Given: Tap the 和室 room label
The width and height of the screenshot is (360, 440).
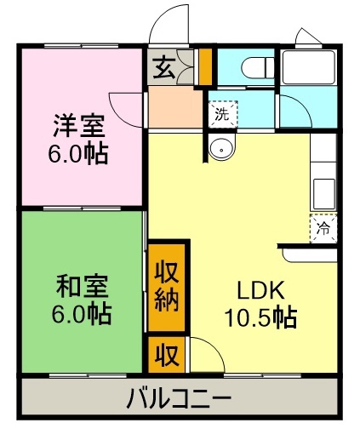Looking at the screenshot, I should pyautogui.click(x=79, y=286).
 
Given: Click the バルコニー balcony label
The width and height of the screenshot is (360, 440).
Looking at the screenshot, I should pyautogui.click(x=180, y=397).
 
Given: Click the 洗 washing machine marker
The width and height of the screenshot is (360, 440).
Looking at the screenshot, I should pyautogui.click(x=221, y=112).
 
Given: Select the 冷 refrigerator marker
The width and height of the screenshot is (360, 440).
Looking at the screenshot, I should pyautogui.click(x=323, y=227).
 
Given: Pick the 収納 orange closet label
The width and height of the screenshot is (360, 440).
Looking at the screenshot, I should pyautogui.click(x=167, y=287).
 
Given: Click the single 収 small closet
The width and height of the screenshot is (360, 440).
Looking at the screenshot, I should pyautogui.click(x=167, y=355).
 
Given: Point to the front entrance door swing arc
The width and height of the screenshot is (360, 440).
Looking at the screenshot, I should pyautogui.click(x=170, y=24).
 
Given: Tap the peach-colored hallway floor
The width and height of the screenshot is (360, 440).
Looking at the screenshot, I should pyautogui.click(x=175, y=107).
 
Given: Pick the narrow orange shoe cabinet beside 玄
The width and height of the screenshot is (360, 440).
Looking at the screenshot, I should pyautogui.click(x=205, y=66).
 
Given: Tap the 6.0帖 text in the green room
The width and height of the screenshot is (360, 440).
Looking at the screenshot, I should pyautogui.click(x=79, y=315).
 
